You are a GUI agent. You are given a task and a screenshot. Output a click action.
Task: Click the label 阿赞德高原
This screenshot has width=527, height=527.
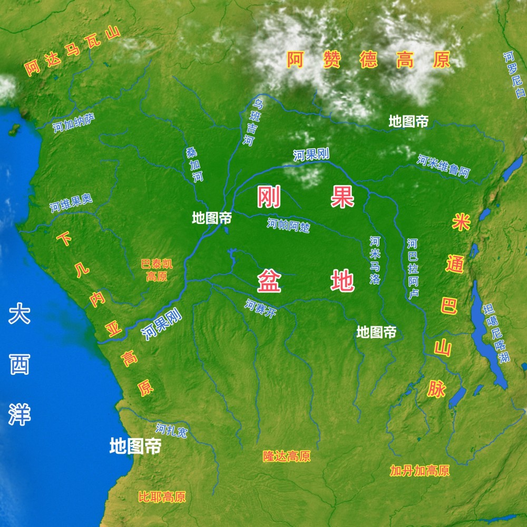tap(369, 60)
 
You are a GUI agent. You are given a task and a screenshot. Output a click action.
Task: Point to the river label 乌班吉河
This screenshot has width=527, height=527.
tap(253, 122)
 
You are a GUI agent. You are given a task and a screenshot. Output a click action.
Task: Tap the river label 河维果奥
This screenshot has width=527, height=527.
tap(71, 203)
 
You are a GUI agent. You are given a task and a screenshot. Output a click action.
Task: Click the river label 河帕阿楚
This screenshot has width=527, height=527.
tap(288, 225)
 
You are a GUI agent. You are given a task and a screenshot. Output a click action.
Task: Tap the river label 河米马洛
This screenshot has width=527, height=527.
tap(375, 260)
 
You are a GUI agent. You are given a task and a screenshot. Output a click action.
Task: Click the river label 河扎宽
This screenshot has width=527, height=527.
tap(172, 431)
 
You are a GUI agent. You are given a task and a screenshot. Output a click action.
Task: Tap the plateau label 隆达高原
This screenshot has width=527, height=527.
tap(287, 456)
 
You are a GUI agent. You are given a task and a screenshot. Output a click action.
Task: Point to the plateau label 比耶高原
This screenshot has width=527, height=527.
tap(162, 496)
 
